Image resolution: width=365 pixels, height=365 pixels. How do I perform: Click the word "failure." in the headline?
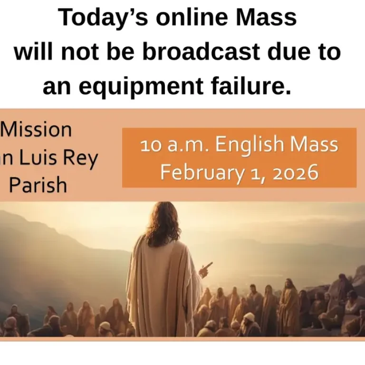point(257,87)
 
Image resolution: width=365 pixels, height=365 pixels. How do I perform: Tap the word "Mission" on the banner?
point(38,129)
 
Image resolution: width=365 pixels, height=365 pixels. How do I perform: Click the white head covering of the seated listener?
point(250,317)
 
